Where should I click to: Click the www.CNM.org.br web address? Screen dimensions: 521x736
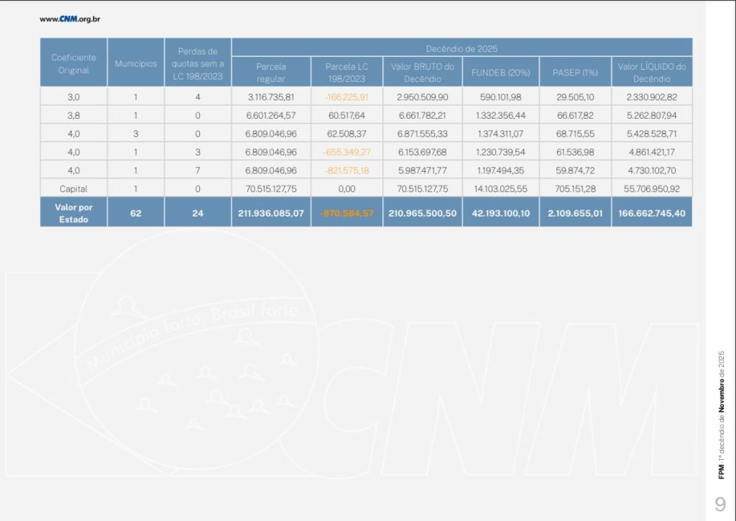pos(70,19)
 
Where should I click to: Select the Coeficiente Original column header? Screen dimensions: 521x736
pos(74,63)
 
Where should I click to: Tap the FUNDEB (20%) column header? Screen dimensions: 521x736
pos(500,73)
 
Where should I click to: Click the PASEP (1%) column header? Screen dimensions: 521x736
pos(575,73)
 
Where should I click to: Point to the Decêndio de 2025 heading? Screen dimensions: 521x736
pos(461,49)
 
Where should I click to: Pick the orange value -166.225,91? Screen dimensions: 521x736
pos(346,97)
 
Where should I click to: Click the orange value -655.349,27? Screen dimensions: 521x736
pos(346,153)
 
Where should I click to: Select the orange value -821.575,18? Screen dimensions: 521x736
pos(346,171)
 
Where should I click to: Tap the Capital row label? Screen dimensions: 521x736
pos(74,189)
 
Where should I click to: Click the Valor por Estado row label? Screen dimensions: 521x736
pos(74,213)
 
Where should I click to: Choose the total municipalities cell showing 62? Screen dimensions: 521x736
pos(136,213)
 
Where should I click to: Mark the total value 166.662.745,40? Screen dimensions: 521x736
pos(652,214)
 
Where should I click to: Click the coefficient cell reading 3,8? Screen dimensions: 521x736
pos(74,115)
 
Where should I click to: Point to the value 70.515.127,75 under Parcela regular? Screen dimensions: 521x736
pos(271,189)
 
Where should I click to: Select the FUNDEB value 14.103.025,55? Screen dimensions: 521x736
pos(500,189)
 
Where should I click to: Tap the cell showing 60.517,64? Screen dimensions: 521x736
pos(346,115)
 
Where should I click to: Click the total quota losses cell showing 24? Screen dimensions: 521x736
pos(198,213)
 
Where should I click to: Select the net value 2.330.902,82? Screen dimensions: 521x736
pos(652,97)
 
